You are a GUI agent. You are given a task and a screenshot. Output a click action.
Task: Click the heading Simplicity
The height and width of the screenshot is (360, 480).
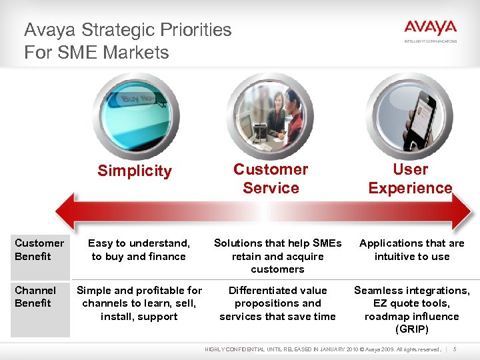tap(135, 171)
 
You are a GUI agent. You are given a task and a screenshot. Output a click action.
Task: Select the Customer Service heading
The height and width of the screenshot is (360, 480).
tap(271, 179)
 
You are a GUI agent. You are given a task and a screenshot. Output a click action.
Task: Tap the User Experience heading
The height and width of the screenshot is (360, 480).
tap(410, 179)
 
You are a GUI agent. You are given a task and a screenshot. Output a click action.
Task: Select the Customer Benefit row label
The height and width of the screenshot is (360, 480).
tap(39, 249)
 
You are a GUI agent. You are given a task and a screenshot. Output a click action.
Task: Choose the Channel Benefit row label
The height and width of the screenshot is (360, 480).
tap(35, 297)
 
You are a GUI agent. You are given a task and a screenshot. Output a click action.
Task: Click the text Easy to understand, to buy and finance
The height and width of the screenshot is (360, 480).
tap(139, 249)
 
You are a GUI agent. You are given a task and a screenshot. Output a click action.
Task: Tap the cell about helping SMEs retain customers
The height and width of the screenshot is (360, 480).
tap(277, 256)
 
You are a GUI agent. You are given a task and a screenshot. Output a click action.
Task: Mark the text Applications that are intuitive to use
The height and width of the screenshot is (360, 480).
tap(412, 249)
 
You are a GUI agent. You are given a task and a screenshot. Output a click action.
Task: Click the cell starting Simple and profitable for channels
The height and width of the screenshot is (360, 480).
tap(139, 303)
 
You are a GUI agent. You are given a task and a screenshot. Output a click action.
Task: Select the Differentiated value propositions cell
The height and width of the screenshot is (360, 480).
tap(277, 303)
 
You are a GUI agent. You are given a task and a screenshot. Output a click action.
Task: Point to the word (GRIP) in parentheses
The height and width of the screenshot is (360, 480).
tap(411, 329)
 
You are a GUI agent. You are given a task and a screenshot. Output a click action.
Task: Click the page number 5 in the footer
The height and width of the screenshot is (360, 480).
tap(455, 349)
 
